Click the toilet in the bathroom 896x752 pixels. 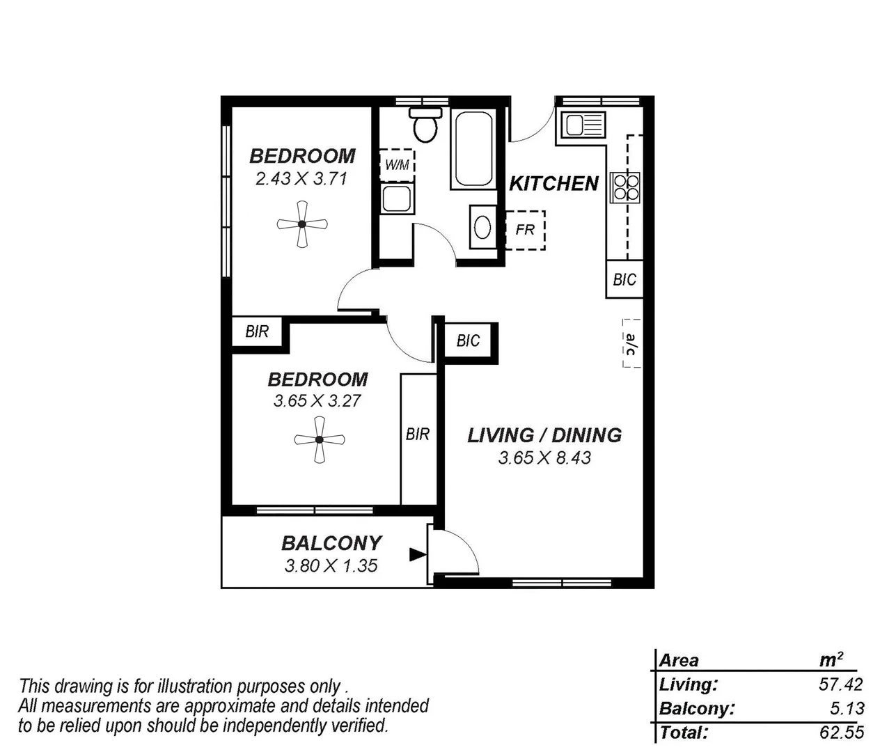(425, 126)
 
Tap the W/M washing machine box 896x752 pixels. (397, 165)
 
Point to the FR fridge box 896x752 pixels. (525, 229)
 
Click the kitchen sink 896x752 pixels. (583, 126)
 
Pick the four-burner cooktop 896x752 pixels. (625, 187)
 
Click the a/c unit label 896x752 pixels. (631, 343)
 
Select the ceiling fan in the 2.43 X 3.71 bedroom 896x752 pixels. (302, 224)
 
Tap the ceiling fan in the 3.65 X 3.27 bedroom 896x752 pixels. (320, 439)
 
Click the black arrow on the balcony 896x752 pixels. (418, 554)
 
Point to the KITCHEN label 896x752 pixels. (553, 183)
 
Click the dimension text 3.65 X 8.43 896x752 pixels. (544, 457)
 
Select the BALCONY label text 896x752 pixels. (331, 542)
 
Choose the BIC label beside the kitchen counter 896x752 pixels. (624, 279)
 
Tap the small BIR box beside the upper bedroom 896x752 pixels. (257, 331)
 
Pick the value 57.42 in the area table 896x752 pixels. (840, 684)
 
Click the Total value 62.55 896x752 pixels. (841, 733)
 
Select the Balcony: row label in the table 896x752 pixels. (697, 709)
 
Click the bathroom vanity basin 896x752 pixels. (482, 227)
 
